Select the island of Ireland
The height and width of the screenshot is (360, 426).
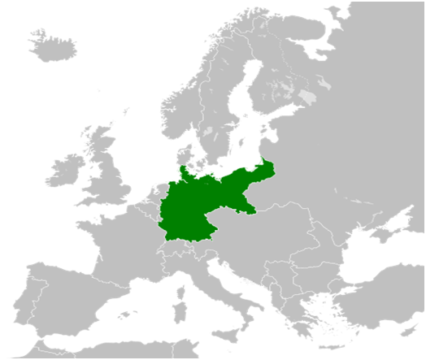coord(67,172)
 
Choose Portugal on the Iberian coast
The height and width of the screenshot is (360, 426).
coord(33,301)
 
